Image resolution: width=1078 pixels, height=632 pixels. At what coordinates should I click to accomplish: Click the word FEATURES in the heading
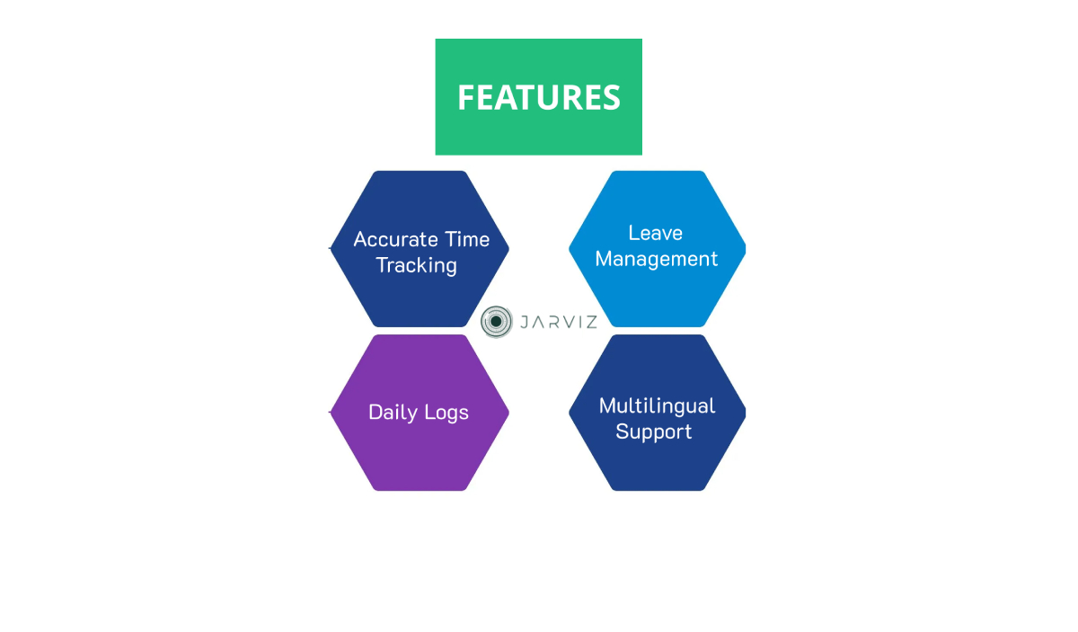[x=538, y=97]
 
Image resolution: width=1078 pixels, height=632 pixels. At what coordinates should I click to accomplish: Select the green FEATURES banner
[x=538, y=97]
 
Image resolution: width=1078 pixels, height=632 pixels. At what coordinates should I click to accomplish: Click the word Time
[x=467, y=239]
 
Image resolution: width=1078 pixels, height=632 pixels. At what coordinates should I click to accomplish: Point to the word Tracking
[x=416, y=266]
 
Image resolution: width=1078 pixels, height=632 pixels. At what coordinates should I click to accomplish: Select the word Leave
[x=656, y=233]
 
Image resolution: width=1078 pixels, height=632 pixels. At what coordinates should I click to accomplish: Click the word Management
[x=657, y=259]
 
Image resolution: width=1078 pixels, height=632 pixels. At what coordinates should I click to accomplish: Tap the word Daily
[x=393, y=413]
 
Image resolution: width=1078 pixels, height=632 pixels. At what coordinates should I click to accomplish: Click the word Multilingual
[x=657, y=406]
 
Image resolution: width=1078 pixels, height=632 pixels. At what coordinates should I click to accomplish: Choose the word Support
[x=654, y=432]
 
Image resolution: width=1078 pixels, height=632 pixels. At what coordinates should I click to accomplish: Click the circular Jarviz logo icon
[x=496, y=322]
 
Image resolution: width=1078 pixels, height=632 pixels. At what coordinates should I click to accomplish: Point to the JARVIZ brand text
[x=559, y=322]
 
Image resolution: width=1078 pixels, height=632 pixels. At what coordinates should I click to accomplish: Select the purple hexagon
[x=420, y=413]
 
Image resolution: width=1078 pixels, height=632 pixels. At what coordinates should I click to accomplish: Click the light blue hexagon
[x=658, y=249]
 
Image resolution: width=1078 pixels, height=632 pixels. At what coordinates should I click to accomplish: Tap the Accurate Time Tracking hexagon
[x=420, y=249]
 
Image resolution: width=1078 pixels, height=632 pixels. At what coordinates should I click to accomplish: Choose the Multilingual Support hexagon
[x=658, y=413]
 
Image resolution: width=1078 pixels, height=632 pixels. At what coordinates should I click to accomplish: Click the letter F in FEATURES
[x=466, y=97]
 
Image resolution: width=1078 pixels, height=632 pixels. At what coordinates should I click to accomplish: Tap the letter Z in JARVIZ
[x=590, y=322]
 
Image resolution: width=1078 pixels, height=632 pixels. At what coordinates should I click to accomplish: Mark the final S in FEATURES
[x=611, y=97]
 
